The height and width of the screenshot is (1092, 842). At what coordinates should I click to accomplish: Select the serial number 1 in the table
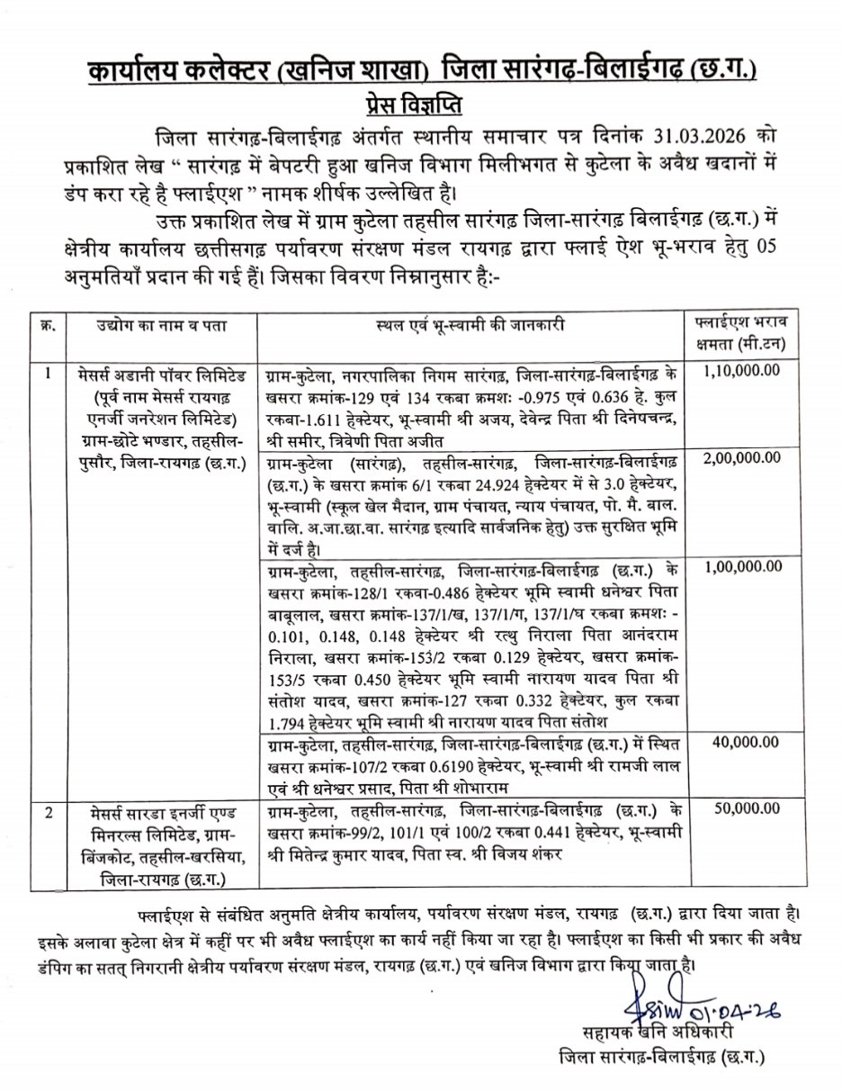pyautogui.click(x=49, y=370)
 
